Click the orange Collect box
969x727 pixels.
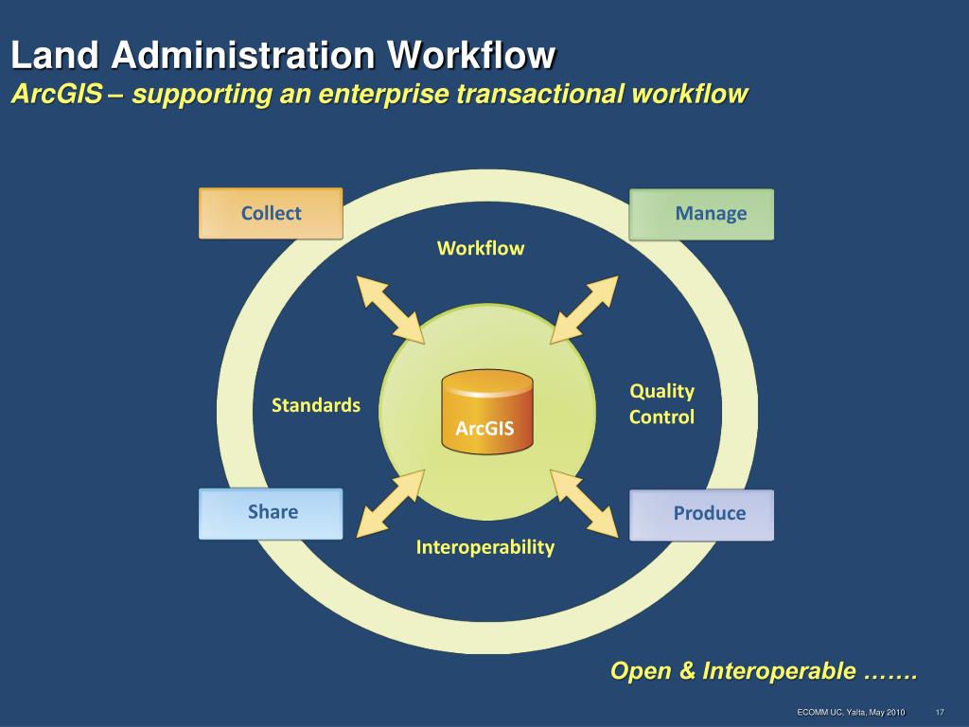pyautogui.click(x=271, y=214)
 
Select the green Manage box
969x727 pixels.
pyautogui.click(x=701, y=214)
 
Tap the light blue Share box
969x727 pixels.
pyautogui.click(x=271, y=513)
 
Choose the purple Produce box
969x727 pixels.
pyautogui.click(x=701, y=514)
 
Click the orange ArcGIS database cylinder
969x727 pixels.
pyautogui.click(x=486, y=411)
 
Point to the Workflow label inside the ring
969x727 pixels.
pyautogui.click(x=480, y=248)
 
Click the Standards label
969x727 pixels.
pyautogui.click(x=316, y=405)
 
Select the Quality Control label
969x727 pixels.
pyautogui.click(x=661, y=404)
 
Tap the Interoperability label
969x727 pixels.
pyautogui.click(x=484, y=547)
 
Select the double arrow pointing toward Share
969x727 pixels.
pyautogui.click(x=390, y=504)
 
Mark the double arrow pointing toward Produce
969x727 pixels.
pyautogui.click(x=584, y=502)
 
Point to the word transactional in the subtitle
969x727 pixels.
pyautogui.click(x=541, y=94)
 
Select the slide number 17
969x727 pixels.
pyautogui.click(x=941, y=712)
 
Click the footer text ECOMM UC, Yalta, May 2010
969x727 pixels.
pyautogui.click(x=851, y=712)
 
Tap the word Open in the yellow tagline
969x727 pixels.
pyautogui.click(x=640, y=671)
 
